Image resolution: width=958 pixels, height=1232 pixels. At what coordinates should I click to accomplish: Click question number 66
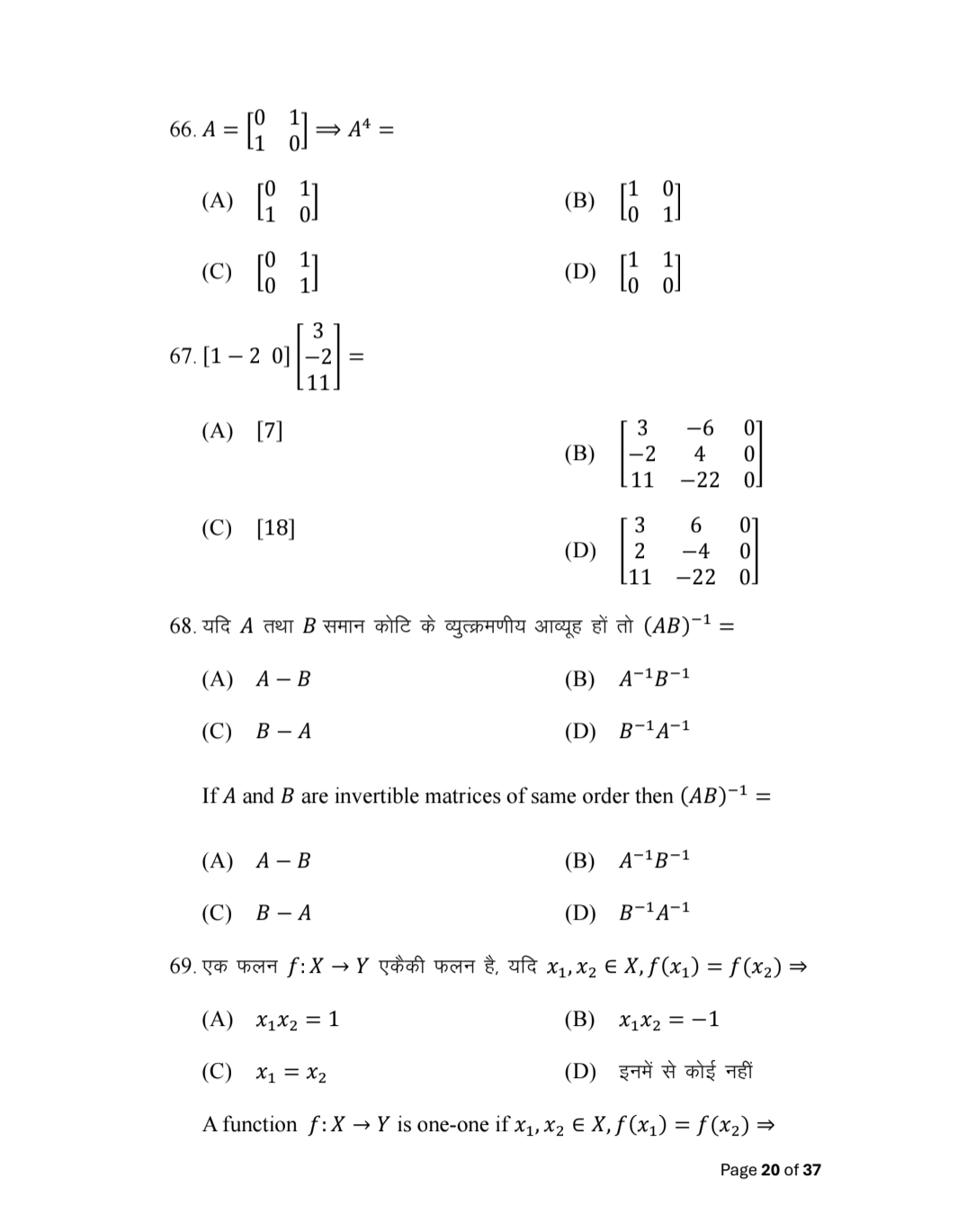tap(182, 130)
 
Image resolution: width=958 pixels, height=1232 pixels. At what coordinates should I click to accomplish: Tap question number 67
tap(182, 356)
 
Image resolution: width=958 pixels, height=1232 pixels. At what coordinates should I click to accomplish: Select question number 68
tap(182, 625)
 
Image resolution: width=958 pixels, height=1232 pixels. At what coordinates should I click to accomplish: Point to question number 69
tap(182, 967)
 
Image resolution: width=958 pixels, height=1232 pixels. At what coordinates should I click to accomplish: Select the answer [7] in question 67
tap(270, 431)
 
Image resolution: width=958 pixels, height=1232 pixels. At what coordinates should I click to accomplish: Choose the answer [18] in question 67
tap(275, 527)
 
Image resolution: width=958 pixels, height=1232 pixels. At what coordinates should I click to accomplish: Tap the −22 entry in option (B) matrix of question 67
tap(699, 480)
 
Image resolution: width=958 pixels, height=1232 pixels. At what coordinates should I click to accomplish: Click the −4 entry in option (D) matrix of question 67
tap(695, 550)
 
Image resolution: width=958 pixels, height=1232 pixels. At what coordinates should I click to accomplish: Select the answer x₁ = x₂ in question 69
tap(291, 1073)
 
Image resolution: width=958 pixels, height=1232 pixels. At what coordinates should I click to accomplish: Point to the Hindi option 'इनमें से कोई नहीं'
tap(685, 1072)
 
